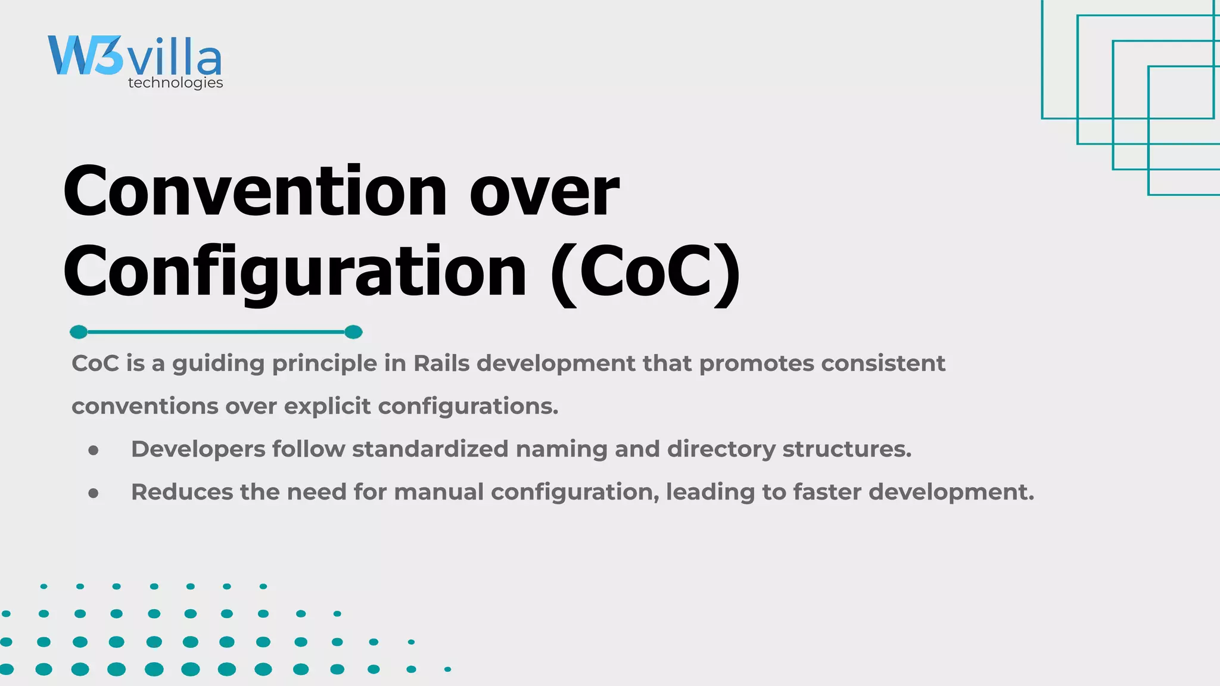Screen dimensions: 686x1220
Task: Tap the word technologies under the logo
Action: (175, 83)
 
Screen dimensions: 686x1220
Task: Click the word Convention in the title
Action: (254, 192)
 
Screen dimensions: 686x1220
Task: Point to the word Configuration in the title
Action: (295, 273)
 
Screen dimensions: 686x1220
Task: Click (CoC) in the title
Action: (646, 273)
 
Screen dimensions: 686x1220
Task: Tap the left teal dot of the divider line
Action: (79, 332)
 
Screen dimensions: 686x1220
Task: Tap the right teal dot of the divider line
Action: (353, 332)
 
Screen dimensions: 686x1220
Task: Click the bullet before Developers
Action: (93, 451)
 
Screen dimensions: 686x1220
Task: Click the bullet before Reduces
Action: (93, 493)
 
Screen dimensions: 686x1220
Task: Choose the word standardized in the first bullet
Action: (430, 449)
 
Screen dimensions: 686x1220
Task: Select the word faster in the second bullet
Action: (826, 492)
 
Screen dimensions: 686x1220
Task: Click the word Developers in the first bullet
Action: (198, 450)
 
